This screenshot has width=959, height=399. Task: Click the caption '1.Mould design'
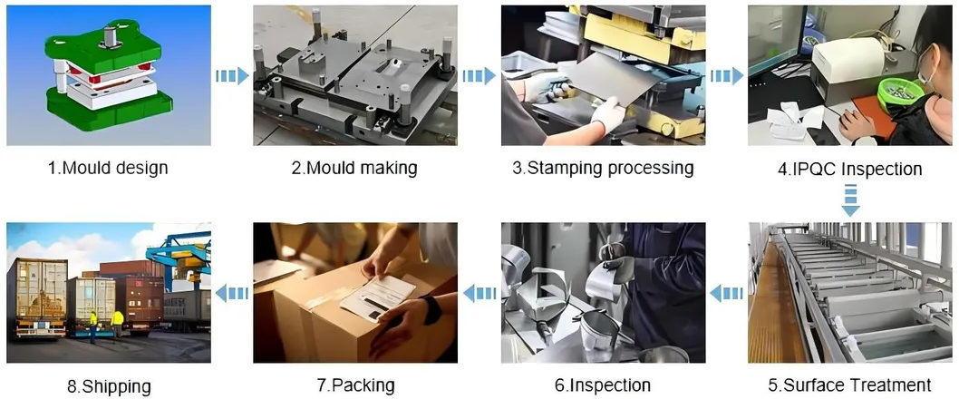click(x=108, y=167)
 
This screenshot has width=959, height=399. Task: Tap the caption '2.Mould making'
click(x=354, y=167)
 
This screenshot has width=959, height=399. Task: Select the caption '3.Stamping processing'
click(x=603, y=168)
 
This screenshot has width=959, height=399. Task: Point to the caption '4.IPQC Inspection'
click(x=849, y=169)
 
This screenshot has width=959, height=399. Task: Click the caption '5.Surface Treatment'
click(x=849, y=384)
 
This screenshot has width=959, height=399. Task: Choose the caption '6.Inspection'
click(x=603, y=384)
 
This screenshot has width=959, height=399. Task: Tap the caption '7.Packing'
click(x=355, y=384)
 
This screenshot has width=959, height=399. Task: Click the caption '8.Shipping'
click(x=108, y=386)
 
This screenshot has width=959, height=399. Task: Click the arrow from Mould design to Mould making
click(x=232, y=76)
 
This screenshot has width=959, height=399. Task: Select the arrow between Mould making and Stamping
click(x=479, y=76)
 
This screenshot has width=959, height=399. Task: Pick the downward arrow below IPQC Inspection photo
click(x=850, y=200)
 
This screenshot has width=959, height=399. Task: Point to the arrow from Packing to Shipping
click(x=232, y=293)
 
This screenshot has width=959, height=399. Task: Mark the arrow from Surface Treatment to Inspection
click(x=726, y=294)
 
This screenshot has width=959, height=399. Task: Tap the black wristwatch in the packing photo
click(x=432, y=309)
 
